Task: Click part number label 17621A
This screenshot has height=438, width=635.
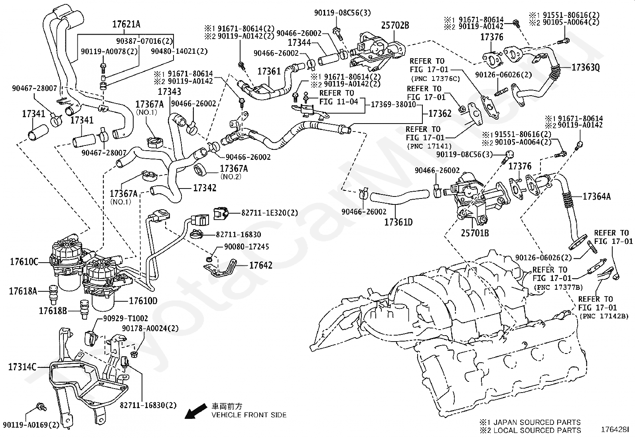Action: (126, 24)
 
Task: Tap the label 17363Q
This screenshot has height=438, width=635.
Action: (586, 67)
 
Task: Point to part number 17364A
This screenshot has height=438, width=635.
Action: (597, 196)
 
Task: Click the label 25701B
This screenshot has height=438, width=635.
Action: (475, 233)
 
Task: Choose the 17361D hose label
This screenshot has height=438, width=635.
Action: (398, 222)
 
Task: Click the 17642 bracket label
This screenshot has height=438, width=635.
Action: (261, 265)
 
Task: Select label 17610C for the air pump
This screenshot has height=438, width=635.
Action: (24, 262)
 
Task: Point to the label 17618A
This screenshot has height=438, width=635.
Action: (23, 291)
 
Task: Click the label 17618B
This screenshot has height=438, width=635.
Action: (53, 310)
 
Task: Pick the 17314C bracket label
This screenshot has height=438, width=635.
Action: (22, 367)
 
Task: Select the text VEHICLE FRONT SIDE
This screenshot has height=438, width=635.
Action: (249, 415)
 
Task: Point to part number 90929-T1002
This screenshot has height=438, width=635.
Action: (125, 318)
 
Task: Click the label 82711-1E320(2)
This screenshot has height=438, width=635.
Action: (269, 213)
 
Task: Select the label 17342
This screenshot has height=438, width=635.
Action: (205, 188)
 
